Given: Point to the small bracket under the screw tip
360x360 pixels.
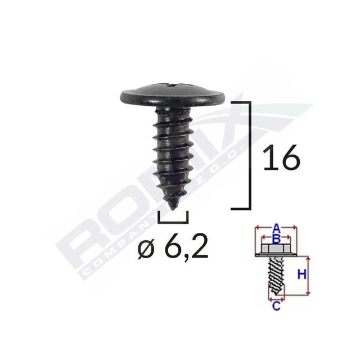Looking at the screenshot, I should pyautogui.click(x=174, y=217).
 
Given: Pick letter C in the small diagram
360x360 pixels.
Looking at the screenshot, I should pyautogui.click(x=276, y=306).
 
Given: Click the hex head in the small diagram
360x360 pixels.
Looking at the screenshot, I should pyautogui.click(x=276, y=247).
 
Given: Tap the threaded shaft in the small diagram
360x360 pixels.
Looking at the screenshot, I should pyautogui.click(x=276, y=276).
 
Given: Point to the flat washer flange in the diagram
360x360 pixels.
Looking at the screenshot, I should pyautogui.click(x=276, y=255).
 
